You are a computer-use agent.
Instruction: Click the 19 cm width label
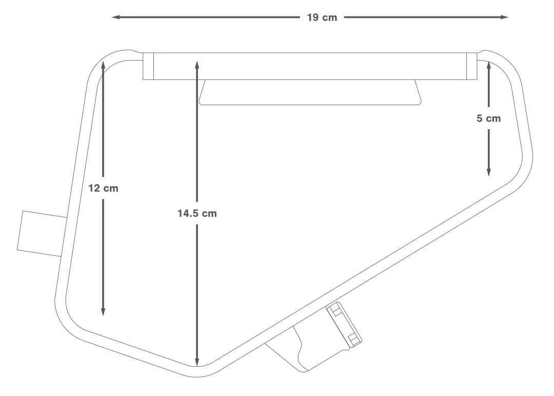[x=322, y=17]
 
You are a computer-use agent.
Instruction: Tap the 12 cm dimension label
[x=103, y=188]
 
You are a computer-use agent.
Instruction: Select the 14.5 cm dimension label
[x=197, y=213]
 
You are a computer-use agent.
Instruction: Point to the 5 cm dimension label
[x=489, y=118]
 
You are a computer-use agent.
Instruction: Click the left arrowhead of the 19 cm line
[x=116, y=17]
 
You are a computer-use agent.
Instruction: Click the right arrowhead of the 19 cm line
[x=504, y=17]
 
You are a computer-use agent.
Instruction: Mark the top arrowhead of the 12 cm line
[x=103, y=65]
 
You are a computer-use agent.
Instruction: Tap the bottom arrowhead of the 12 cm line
[x=103, y=311]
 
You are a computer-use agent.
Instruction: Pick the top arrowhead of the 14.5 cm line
[x=197, y=65]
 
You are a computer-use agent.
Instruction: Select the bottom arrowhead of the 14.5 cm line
[x=197, y=362]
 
